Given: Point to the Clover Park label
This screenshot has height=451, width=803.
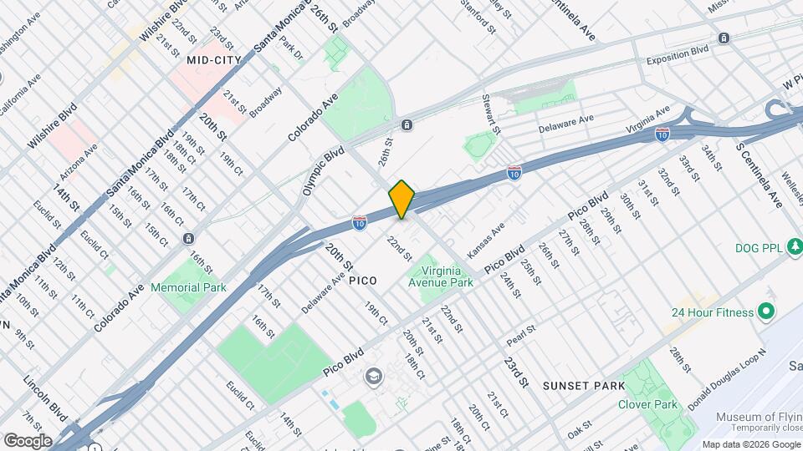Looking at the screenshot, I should (x=647, y=404).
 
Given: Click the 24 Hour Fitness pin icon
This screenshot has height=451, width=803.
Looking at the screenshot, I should (x=765, y=312).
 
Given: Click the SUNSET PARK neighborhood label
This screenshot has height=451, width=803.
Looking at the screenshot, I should (x=583, y=386).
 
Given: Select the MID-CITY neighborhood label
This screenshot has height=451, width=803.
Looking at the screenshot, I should (x=213, y=60).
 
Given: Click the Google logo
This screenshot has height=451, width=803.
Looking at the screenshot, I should (x=27, y=440).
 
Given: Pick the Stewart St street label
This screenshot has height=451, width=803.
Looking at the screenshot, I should (x=490, y=114).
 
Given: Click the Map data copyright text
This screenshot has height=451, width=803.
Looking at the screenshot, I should (x=749, y=443).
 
